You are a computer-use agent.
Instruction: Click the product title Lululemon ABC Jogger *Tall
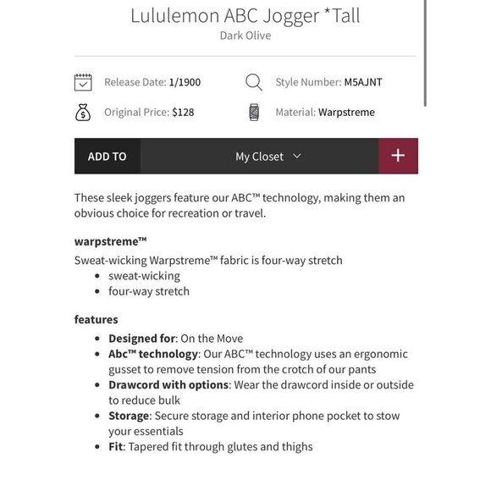click(x=245, y=16)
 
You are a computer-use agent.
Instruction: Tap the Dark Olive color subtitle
click(x=245, y=36)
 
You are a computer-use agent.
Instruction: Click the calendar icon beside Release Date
click(x=83, y=82)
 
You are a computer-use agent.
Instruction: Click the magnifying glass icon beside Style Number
click(x=254, y=82)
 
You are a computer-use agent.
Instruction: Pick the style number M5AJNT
click(x=363, y=82)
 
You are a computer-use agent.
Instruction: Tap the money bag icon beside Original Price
click(x=83, y=112)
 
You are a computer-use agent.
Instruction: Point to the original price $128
click(x=183, y=112)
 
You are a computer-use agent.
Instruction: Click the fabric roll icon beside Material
click(x=254, y=112)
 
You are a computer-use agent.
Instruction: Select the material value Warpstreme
click(x=346, y=112)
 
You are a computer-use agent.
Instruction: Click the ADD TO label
click(x=107, y=157)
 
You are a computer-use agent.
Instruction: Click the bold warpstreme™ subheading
click(x=111, y=241)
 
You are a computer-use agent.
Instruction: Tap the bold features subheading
click(x=97, y=319)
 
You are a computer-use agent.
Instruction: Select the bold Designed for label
click(x=142, y=339)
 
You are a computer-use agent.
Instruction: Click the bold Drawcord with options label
click(x=168, y=384)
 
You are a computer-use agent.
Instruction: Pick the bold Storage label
click(x=129, y=416)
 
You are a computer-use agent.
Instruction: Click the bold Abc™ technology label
click(x=153, y=354)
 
